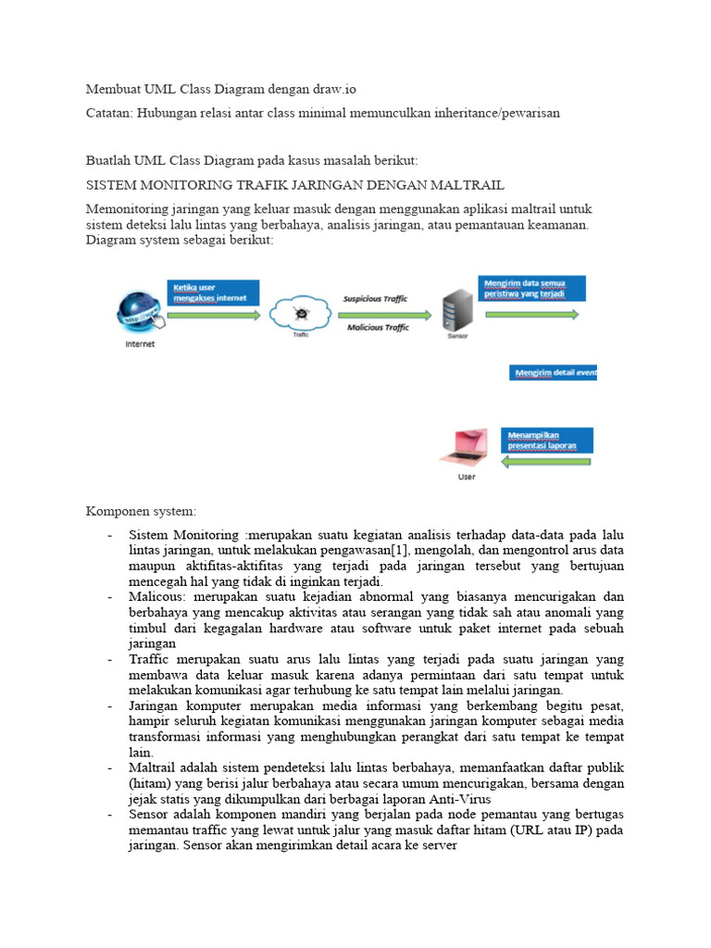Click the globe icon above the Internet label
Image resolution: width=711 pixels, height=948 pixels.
(140, 312)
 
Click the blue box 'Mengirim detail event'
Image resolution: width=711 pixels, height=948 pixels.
(553, 372)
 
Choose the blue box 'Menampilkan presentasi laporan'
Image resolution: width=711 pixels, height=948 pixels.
(549, 439)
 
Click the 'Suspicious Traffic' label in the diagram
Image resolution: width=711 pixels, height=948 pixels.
(375, 299)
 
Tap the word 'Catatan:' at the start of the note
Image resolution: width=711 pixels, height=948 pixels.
(108, 112)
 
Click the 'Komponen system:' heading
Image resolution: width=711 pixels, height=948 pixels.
(142, 511)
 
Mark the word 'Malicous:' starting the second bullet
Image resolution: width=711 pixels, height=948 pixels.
(160, 597)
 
